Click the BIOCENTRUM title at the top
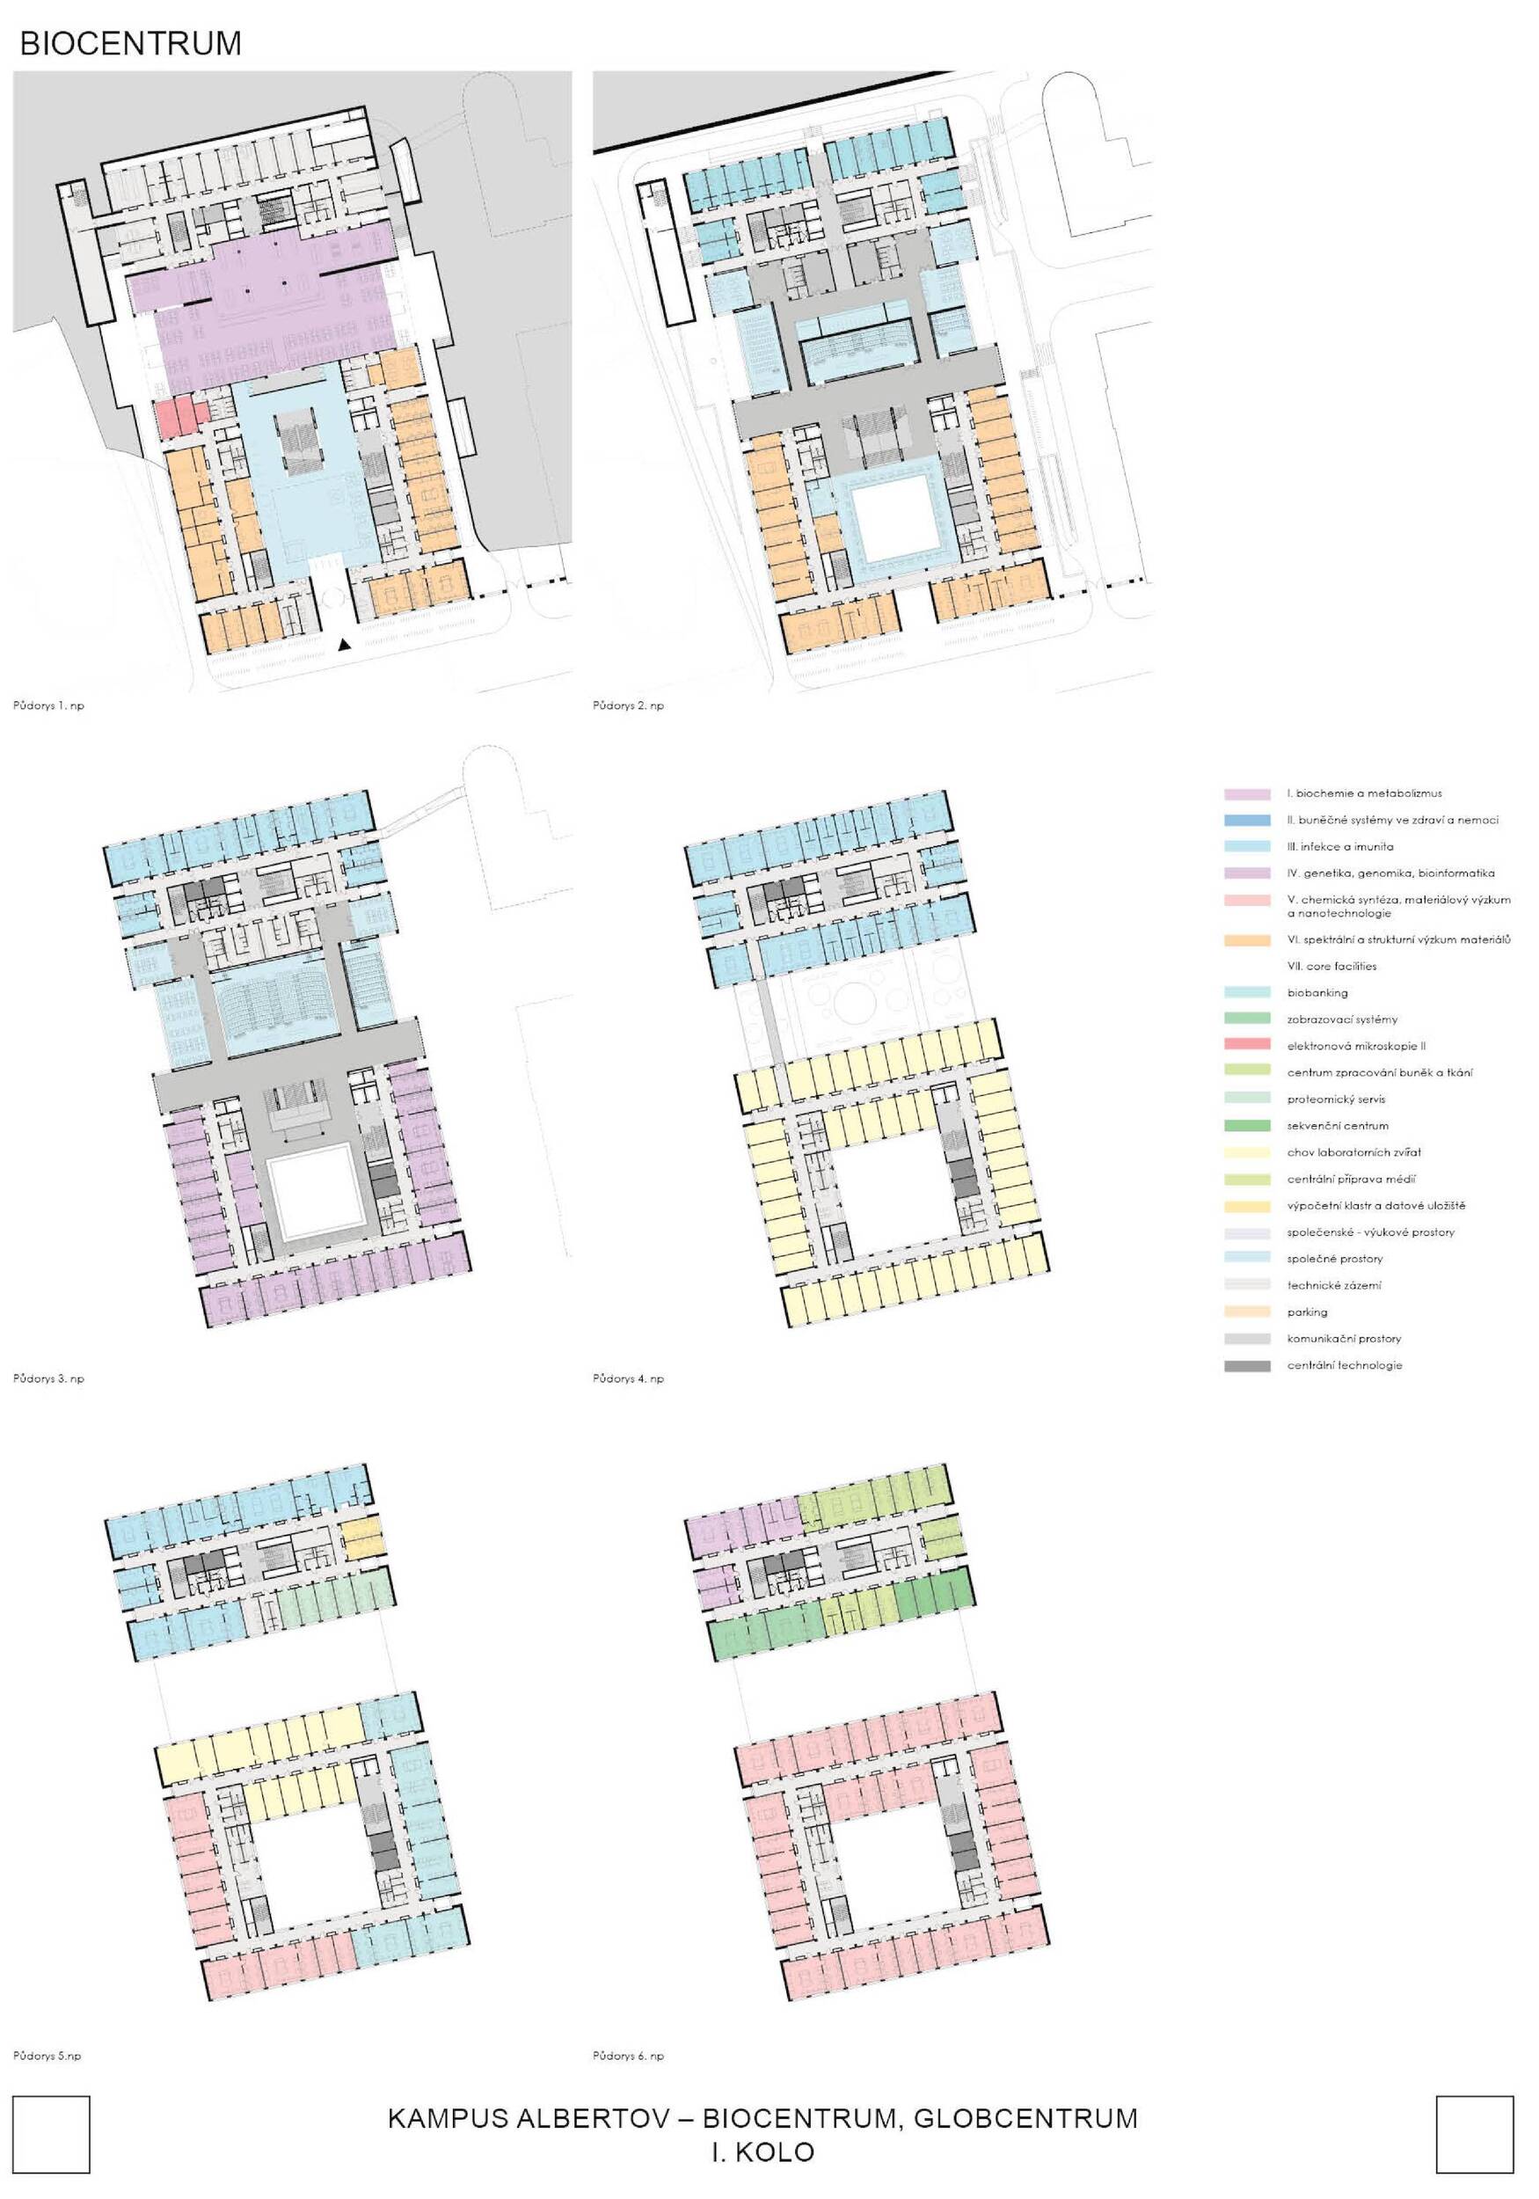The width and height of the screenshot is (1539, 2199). [x=130, y=43]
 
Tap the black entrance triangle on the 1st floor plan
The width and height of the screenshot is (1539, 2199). [x=346, y=646]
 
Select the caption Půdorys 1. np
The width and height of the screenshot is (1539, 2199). [x=49, y=705]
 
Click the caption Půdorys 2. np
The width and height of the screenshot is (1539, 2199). [x=628, y=705]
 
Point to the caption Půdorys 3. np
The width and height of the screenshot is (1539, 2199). [x=49, y=1378]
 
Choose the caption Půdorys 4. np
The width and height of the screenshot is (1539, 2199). [x=628, y=1378]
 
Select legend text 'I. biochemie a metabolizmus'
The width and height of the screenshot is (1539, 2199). [x=1364, y=793]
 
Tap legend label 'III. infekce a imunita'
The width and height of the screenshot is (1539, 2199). [x=1339, y=847]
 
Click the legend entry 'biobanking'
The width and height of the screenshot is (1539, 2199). [x=1317, y=993]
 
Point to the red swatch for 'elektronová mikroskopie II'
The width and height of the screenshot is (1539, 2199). [x=1247, y=1046]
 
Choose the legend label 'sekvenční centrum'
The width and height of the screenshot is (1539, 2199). [x=1337, y=1126]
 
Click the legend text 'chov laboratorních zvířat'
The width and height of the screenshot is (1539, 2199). [x=1353, y=1153]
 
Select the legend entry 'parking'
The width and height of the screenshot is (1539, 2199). [x=1307, y=1312]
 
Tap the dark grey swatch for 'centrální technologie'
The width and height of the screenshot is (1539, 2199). [x=1247, y=1366]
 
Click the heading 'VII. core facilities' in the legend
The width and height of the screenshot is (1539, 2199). [x=1331, y=967]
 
